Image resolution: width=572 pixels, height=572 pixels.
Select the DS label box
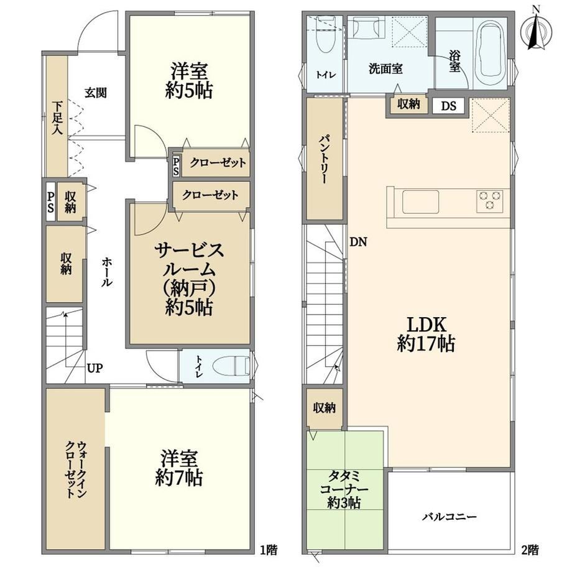click(448, 106)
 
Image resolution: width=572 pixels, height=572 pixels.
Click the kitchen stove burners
click(489, 201)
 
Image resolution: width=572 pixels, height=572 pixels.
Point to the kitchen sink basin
click(420, 201)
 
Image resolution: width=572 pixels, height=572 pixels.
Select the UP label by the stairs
click(95, 368)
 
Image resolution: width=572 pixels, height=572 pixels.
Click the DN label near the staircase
click(358, 242)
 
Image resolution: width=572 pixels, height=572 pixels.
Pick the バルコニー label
click(450, 517)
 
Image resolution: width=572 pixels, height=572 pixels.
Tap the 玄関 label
click(96, 93)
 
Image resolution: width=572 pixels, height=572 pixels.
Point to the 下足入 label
click(57, 118)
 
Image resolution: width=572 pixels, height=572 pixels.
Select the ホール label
click(107, 272)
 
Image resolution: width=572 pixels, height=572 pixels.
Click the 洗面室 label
click(385, 68)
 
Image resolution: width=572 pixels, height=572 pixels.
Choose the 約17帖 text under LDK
click(426, 343)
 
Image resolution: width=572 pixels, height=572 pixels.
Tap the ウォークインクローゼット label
click(76, 469)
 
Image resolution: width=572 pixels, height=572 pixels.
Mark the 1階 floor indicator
click(269, 550)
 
